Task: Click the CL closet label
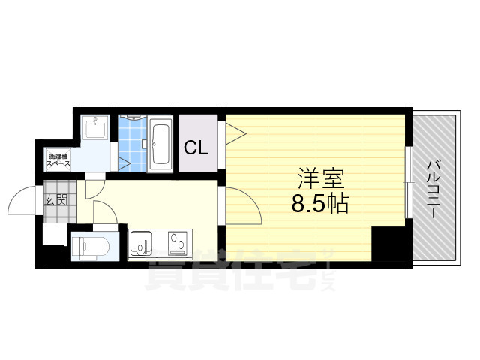click(196, 148)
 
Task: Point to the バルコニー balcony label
click(433, 187)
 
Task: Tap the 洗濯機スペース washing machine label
click(58, 159)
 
